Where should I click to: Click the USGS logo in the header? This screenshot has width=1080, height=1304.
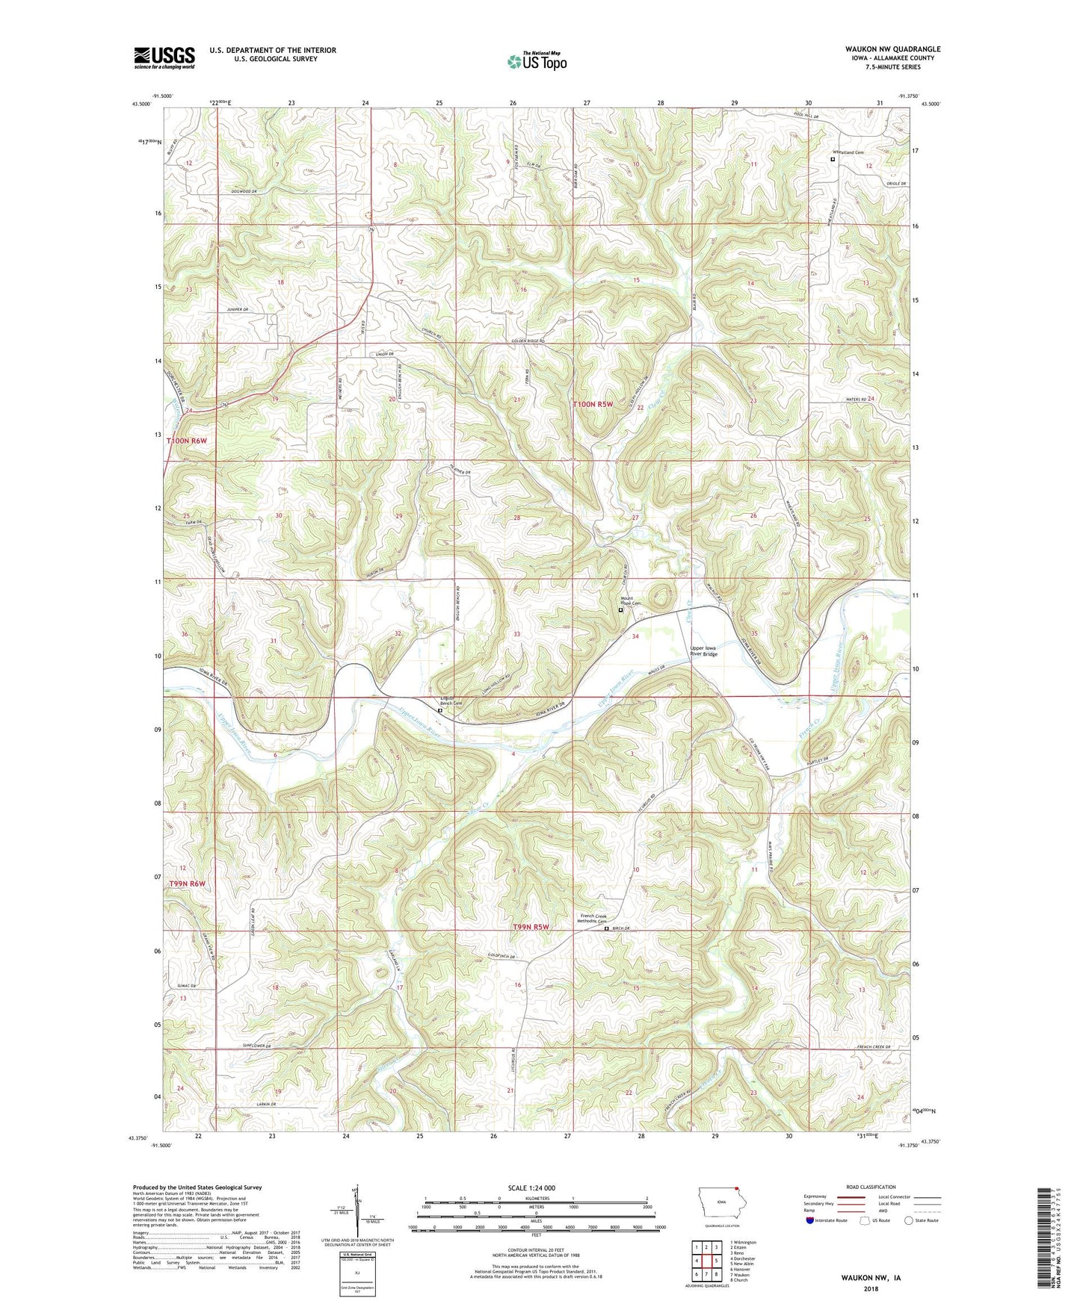tap(164, 58)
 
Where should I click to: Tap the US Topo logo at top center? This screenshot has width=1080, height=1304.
tap(536, 61)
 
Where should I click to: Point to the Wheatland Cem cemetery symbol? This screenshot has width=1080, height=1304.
tap(833, 159)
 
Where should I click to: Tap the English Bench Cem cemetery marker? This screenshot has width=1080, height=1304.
tap(440, 711)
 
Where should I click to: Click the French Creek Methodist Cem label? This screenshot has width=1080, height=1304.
tap(595, 919)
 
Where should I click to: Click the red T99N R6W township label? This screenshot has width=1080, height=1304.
tap(186, 884)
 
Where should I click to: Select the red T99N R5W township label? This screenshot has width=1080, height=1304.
tap(531, 927)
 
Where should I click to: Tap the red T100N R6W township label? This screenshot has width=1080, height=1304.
tap(186, 441)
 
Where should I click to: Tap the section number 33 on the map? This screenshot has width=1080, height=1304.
tap(516, 634)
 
